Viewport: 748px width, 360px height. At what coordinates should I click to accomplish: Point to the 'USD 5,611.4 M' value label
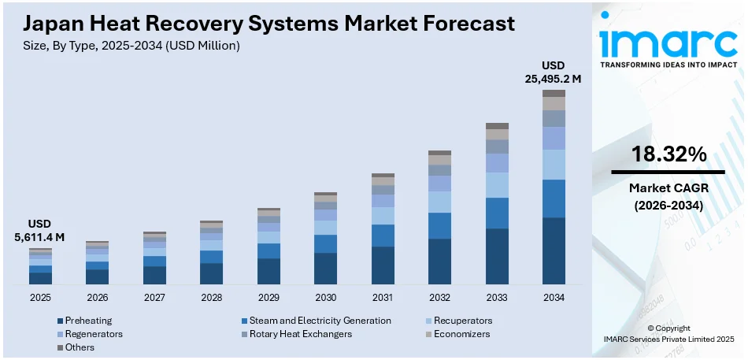[40, 230]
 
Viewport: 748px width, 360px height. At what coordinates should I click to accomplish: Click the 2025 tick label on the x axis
[40, 298]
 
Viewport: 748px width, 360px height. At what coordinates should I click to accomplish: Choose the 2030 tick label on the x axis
[325, 298]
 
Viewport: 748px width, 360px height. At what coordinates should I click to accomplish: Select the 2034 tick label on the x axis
[554, 298]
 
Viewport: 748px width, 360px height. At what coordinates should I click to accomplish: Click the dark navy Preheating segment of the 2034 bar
[554, 251]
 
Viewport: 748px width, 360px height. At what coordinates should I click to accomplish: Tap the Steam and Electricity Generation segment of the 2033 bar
[497, 213]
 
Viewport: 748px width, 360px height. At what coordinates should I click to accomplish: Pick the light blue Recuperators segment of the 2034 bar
[554, 165]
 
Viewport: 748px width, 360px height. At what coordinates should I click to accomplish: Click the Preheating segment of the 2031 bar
[383, 265]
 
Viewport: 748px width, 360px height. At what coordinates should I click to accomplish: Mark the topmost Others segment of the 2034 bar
[554, 93]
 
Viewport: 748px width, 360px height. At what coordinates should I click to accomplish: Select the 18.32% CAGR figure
[668, 154]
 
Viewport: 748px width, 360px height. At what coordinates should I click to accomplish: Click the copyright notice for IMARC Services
[668, 333]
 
